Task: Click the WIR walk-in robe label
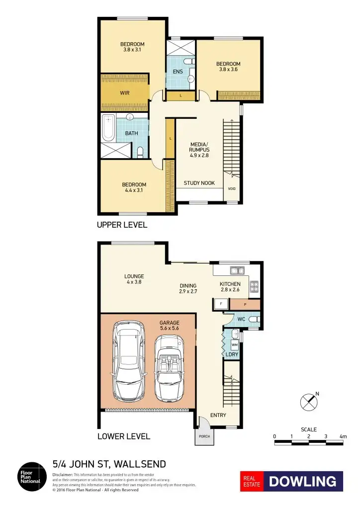point(124,92)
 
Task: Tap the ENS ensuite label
point(178,72)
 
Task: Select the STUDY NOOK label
point(199,183)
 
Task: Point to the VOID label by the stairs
point(232,189)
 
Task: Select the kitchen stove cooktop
point(254,286)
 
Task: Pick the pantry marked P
point(245,304)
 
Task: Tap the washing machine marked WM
point(234,344)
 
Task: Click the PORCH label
point(204,436)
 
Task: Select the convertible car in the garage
point(169,368)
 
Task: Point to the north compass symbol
point(309,402)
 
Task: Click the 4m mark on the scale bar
point(343,436)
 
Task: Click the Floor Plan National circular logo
point(30,477)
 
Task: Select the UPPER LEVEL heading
point(122,225)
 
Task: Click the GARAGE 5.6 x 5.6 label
point(169,326)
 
